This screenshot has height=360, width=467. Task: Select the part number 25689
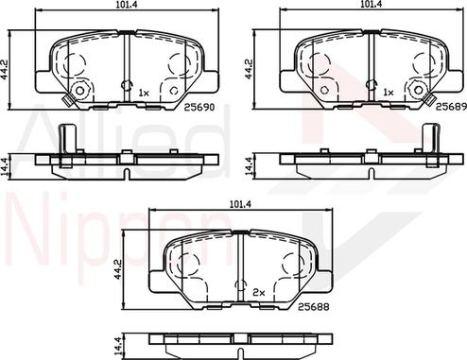coord(448,107)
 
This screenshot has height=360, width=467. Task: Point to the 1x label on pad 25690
coord(144,93)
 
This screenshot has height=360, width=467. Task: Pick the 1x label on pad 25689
coord(388,93)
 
